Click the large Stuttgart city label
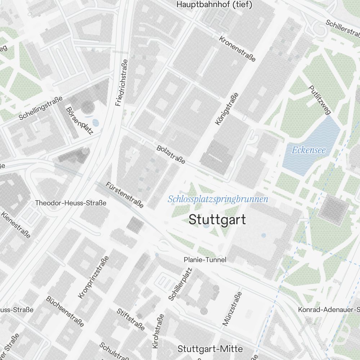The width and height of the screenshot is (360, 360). pyautogui.click(x=217, y=219)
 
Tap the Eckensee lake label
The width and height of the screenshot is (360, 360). pyautogui.click(x=309, y=150)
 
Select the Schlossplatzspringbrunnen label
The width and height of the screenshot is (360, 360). pyautogui.click(x=218, y=199)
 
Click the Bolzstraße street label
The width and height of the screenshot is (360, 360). pyautogui.click(x=171, y=154)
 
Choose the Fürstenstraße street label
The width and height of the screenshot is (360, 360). pyautogui.click(x=125, y=195)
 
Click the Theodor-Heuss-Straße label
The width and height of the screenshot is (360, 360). pyautogui.click(x=71, y=203)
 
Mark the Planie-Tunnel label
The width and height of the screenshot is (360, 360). pyautogui.click(x=205, y=260)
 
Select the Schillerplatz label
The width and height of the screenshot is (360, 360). pyautogui.click(x=180, y=284)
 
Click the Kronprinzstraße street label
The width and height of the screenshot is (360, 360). pyautogui.click(x=93, y=277)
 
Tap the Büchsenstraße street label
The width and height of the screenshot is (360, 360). pyautogui.click(x=65, y=311)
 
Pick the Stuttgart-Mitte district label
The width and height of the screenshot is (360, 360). pyautogui.click(x=210, y=349)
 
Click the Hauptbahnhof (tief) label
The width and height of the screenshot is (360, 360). pyautogui.click(x=214, y=5)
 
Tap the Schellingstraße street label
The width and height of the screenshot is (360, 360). pyautogui.click(x=41, y=108)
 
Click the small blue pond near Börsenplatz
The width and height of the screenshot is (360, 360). pyautogui.click(x=96, y=123)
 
